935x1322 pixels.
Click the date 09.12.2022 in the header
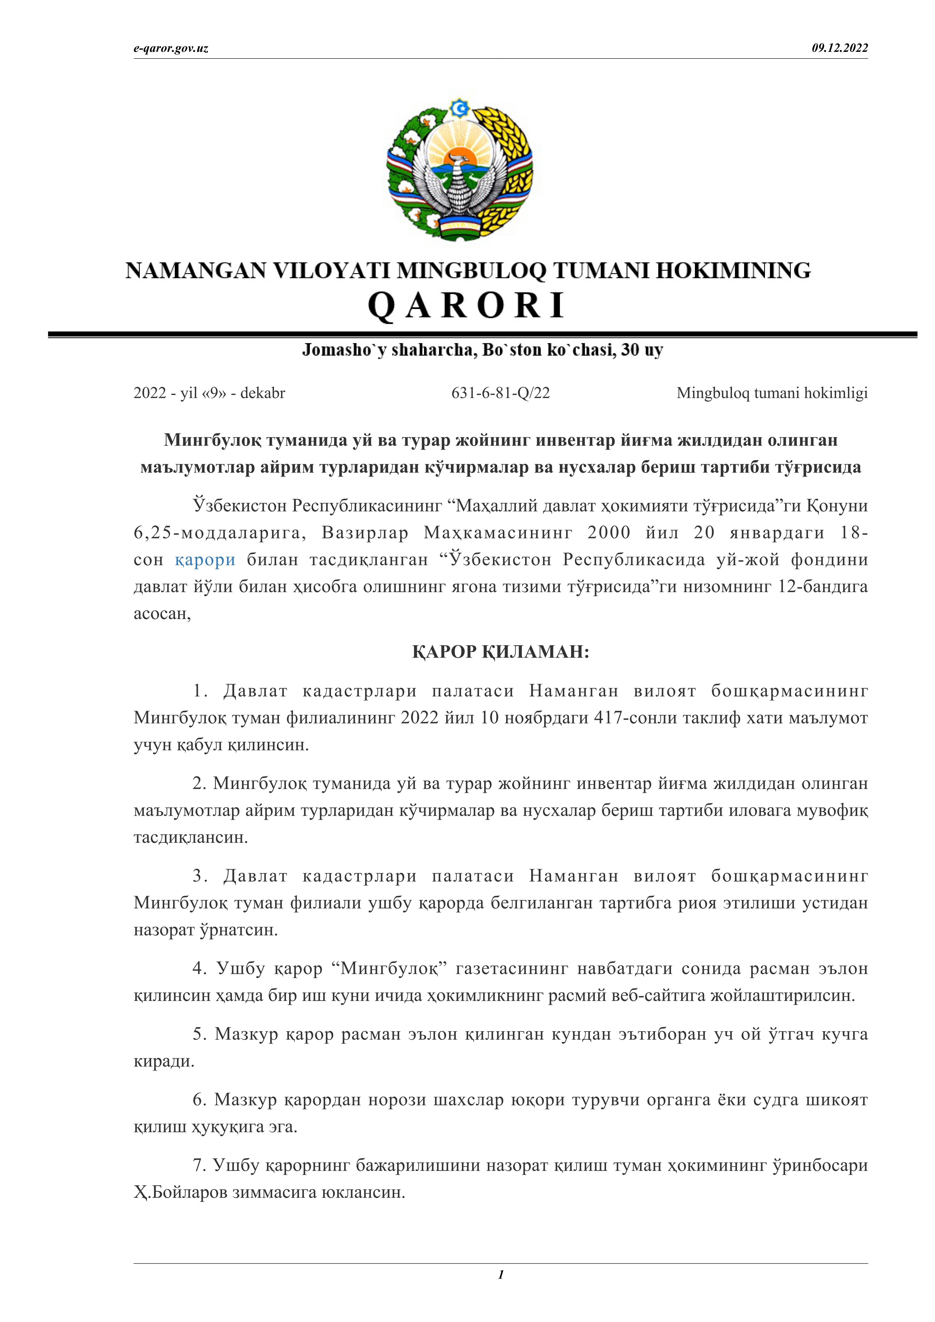click(x=839, y=48)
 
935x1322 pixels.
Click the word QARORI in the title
click(x=467, y=305)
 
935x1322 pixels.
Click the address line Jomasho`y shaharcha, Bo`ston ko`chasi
click(x=482, y=350)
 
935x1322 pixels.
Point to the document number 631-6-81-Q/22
click(x=500, y=393)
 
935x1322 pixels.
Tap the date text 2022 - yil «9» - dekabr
click(x=209, y=393)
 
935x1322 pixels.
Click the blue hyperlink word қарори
click(x=205, y=560)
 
